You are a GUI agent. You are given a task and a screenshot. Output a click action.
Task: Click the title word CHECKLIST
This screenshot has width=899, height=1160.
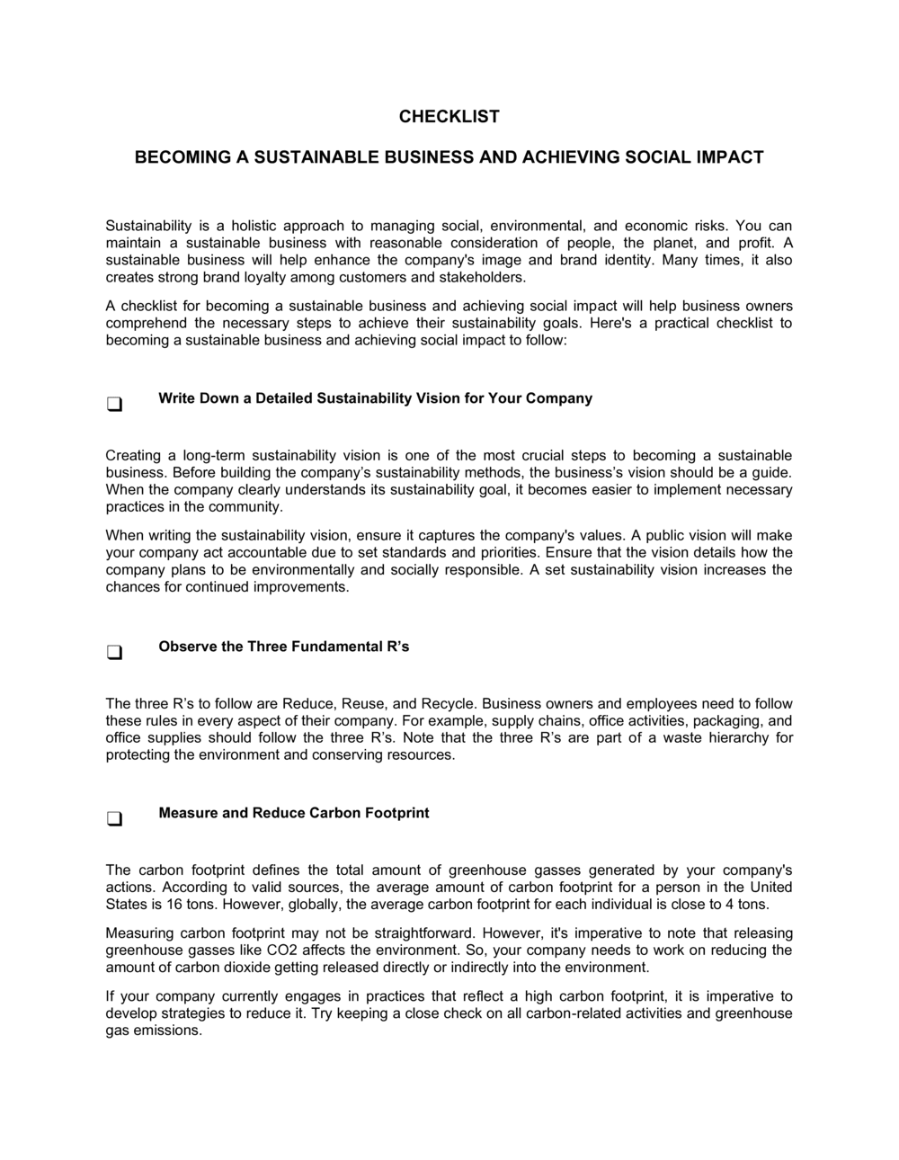(449, 117)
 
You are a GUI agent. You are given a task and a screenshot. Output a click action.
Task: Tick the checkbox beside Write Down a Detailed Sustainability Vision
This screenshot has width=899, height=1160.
(114, 405)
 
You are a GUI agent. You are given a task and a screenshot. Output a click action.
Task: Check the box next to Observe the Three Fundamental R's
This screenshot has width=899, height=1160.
(114, 653)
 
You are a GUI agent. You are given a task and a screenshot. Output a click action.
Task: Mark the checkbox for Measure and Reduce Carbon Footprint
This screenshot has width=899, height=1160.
(114, 819)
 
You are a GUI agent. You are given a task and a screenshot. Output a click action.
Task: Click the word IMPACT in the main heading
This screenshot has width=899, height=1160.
(729, 157)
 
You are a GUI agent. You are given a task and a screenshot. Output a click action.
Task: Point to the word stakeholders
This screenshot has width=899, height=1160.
(484, 277)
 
